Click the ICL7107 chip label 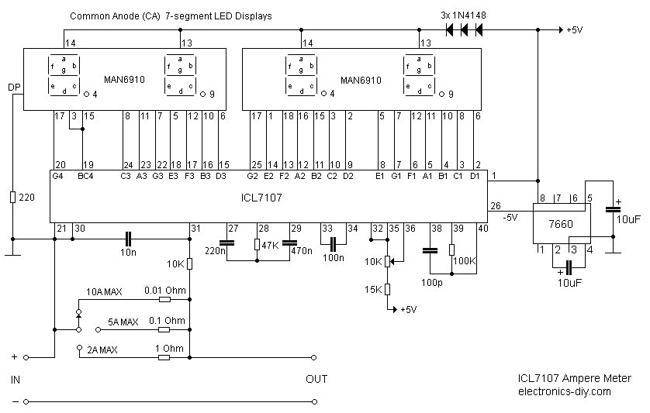coord(261,198)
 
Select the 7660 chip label coord(561,224)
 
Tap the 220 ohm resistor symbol coord(13,198)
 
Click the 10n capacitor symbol coord(128,239)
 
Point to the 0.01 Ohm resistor coord(165,299)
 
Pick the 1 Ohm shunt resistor coord(164,357)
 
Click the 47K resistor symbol coord(257,245)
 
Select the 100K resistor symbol coord(452,250)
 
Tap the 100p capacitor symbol coord(430,250)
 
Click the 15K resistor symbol coord(387,289)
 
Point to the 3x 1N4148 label coord(463,15)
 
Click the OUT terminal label coord(316,379)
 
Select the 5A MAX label coord(123,322)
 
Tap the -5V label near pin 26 coord(510,217)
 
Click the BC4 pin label coord(85,176)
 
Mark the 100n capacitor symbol coord(334,243)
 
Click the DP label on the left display coord(14,88)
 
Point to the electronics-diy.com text coord(564,391)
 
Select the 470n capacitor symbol coord(289,243)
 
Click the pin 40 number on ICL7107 coord(482,229)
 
